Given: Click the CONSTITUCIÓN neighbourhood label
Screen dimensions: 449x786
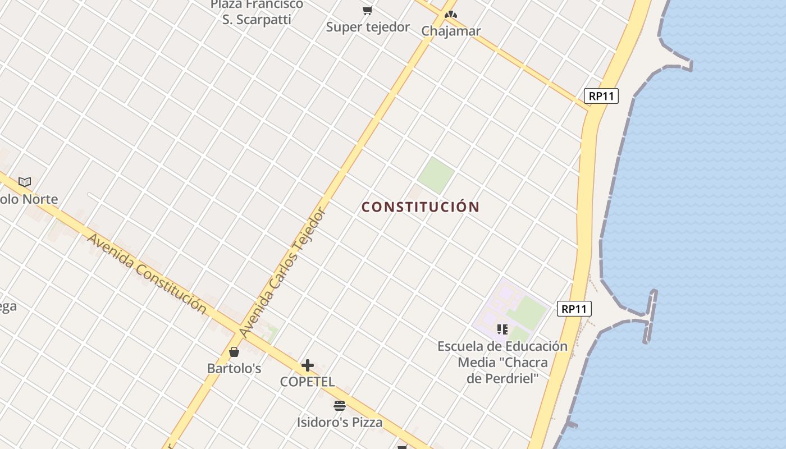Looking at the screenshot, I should [x=421, y=207].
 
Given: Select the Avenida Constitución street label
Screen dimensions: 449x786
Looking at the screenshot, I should [x=147, y=272].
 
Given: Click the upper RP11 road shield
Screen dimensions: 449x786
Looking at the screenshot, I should [x=601, y=96].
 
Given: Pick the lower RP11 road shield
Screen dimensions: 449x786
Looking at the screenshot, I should [x=574, y=309].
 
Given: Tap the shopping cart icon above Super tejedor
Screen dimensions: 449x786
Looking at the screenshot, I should [x=368, y=11].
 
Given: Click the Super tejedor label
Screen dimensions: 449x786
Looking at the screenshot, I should [x=368, y=27].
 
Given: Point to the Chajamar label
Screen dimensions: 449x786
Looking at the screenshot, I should [x=451, y=31].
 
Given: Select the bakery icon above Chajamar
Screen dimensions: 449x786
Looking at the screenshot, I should [x=450, y=14].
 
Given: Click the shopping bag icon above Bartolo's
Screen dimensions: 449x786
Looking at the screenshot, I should [x=234, y=352].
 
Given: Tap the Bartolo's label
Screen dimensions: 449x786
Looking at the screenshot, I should [x=234, y=369].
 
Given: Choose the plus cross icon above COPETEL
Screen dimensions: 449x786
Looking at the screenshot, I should [x=307, y=365].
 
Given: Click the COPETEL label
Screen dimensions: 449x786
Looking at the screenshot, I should [x=307, y=382].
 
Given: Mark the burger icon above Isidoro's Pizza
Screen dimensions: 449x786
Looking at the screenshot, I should [x=340, y=405].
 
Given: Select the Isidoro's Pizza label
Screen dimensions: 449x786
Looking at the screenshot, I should [x=340, y=422].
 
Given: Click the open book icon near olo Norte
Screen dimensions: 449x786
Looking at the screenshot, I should [x=25, y=182].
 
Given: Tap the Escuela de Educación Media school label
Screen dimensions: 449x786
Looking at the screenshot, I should [x=502, y=362].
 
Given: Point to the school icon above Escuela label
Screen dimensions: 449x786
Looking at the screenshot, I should [x=502, y=329].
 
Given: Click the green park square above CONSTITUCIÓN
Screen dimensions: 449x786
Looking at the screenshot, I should [x=436, y=175].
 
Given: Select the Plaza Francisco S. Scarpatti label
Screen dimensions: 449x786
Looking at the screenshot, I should [x=257, y=12].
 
